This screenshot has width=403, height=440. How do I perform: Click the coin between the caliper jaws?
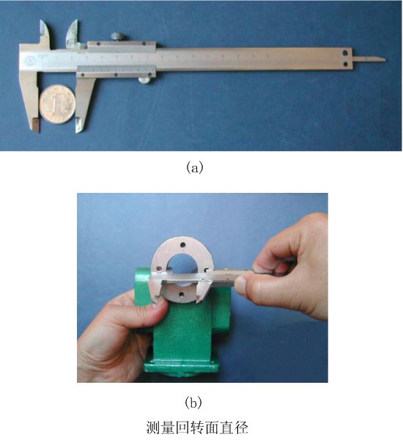tap(57, 104)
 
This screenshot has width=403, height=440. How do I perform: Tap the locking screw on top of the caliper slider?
tap(118, 37)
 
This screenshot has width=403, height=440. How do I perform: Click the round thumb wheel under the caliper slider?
tap(144, 81)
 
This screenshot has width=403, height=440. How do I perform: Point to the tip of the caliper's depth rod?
tap(385, 59)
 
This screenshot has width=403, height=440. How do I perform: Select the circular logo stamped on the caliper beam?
tap(29, 61)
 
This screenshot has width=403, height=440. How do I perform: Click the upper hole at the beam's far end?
tap(345, 53)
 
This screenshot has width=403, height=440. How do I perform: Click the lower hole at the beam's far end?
tap(346, 65)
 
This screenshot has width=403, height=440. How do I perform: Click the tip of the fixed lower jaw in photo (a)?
tap(37, 131)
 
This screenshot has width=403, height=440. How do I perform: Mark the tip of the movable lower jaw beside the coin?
tap(78, 131)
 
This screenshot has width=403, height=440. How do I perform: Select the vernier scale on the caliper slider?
tap(116, 69)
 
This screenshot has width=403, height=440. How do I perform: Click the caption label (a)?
tap(194, 167)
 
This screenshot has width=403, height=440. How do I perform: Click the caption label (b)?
tap(193, 403)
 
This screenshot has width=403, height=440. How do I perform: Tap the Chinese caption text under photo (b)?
tap(197, 428)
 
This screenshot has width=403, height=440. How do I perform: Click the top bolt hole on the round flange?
tap(183, 244)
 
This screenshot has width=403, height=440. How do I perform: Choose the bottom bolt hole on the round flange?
tap(182, 295)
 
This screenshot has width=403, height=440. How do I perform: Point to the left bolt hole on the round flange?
tap(159, 269)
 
